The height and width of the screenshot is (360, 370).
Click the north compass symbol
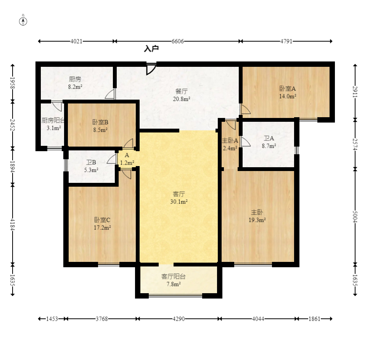[x=23, y=21]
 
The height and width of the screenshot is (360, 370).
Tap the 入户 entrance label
[x=151, y=48]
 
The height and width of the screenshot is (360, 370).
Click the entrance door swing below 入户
[x=151, y=69]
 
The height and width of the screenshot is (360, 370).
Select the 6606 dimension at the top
[x=177, y=41]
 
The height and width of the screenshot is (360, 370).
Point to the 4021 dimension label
[x=76, y=41]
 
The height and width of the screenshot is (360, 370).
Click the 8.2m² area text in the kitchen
[x=75, y=87]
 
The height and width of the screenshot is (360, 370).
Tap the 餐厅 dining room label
[x=182, y=91]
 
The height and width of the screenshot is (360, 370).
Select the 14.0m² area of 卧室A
[x=288, y=96]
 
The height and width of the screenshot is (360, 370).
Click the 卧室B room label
[x=100, y=122]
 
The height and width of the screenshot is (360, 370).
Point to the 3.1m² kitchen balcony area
[x=54, y=128]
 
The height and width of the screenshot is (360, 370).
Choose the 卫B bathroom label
[x=91, y=162]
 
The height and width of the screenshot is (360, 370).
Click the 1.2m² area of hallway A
[x=127, y=163]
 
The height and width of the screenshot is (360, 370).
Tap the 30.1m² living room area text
[x=179, y=202]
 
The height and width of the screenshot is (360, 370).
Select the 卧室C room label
[x=102, y=220]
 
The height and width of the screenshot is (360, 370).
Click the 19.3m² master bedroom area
[x=257, y=220]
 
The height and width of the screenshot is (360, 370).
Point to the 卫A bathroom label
[x=269, y=138]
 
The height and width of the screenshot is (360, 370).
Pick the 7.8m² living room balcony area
[x=174, y=284]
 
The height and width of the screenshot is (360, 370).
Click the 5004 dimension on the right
[x=355, y=216]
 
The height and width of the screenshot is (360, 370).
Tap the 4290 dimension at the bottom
[x=179, y=319]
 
